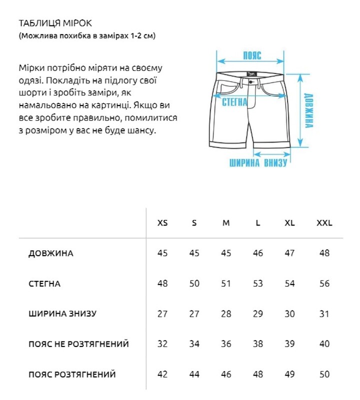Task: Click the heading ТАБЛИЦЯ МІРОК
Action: point(55,23)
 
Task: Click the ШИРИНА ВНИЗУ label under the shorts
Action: point(258,163)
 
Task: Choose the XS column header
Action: point(162,223)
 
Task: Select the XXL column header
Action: point(324,223)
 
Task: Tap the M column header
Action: point(226,223)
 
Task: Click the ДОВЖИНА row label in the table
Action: point(51,253)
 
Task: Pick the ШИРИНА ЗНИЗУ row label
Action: point(62,314)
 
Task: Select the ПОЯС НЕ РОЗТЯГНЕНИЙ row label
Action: point(78,344)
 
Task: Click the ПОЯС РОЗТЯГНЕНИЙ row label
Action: point(72,374)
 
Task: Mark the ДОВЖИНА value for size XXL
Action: point(324,253)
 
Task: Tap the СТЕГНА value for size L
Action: point(258,284)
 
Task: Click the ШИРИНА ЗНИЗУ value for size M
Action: point(226,314)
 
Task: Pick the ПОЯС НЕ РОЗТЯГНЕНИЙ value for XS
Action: point(162,344)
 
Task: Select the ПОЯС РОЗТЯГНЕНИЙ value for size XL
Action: point(289,374)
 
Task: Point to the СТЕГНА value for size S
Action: point(194,284)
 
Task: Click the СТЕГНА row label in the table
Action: point(44,284)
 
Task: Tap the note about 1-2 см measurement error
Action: point(87,36)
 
